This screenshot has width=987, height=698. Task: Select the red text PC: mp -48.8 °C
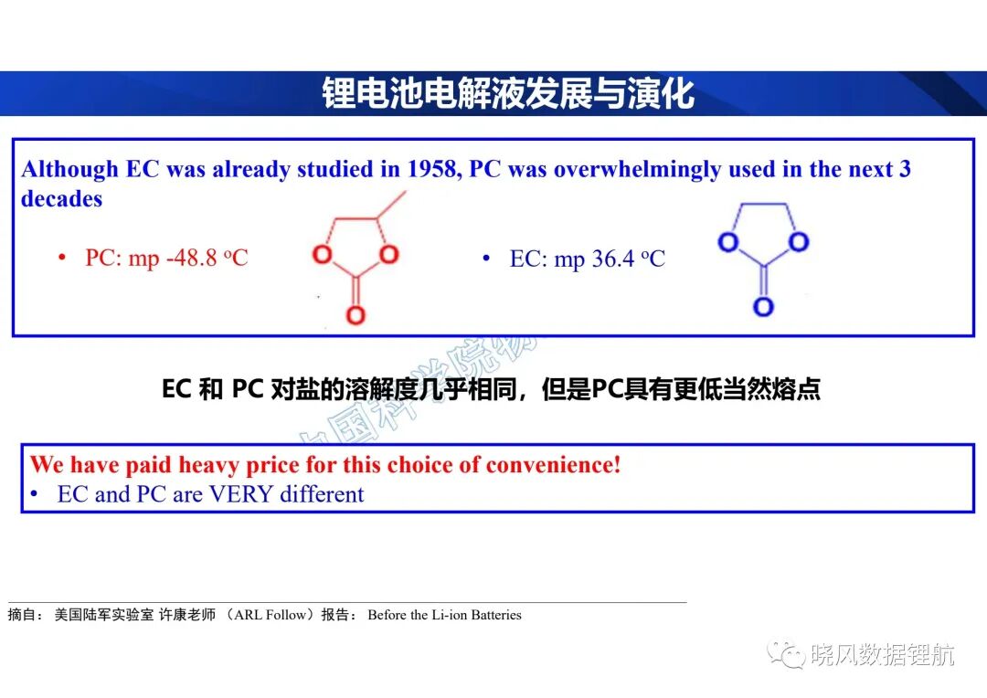tap(167, 258)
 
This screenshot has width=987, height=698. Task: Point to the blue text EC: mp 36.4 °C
tap(588, 259)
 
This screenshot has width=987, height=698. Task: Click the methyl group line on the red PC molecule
tap(391, 206)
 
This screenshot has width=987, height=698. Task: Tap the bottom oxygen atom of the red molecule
tap(356, 314)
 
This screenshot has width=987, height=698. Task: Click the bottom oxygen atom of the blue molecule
tap(763, 306)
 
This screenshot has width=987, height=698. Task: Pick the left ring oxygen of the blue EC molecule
tap(728, 242)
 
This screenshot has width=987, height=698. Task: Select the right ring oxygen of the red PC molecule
tap(389, 254)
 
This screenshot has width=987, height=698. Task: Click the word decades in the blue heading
tap(62, 199)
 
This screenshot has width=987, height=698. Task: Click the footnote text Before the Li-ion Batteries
tap(444, 615)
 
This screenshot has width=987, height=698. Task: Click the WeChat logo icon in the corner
tap(786, 654)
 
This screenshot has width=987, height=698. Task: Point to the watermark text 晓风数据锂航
tap(883, 655)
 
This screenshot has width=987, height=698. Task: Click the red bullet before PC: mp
tap(62, 258)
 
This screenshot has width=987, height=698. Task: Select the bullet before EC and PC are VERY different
tap(34, 494)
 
